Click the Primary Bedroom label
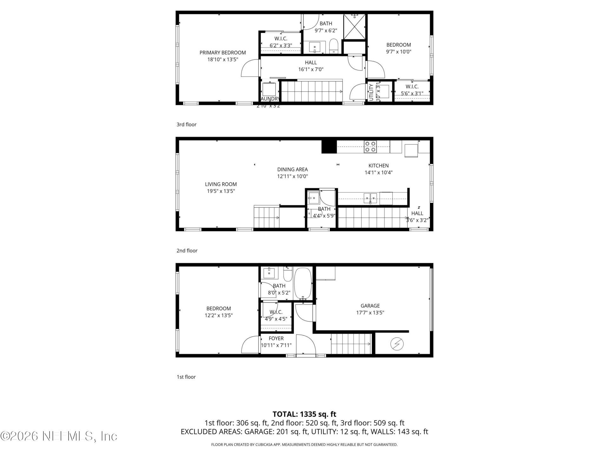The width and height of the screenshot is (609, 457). pos(222,53)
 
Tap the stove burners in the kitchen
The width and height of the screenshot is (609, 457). pos(370,147)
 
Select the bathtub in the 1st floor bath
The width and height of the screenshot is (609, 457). pos(303,283)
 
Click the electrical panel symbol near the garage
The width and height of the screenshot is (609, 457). pos(397,344)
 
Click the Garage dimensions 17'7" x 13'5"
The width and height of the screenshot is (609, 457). pos(370,313)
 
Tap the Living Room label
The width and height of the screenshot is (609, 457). pos(221,184)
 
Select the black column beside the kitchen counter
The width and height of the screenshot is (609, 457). pos(329,147)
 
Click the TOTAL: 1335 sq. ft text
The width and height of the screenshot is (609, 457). pos(304,414)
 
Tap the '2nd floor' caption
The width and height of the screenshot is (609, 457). pos(187,251)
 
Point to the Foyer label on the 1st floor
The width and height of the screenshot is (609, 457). pos(276,339)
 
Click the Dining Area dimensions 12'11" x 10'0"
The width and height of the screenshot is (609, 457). pos(292,176)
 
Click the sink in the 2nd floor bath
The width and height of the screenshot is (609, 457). pos(313,198)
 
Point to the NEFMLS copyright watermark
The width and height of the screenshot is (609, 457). pos(59,436)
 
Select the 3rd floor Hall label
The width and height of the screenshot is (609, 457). pos(311,63)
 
